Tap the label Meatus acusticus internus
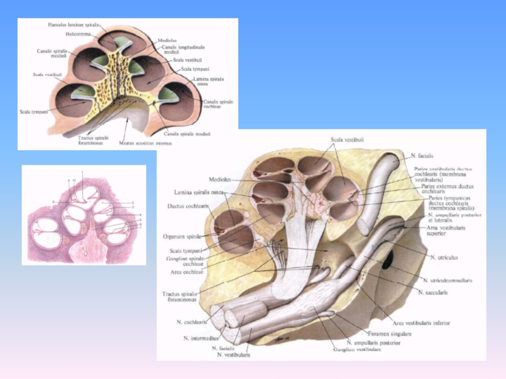(145, 143)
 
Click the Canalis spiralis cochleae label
(219, 104)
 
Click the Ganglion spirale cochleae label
(183, 262)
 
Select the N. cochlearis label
(193, 322)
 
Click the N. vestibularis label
(233, 355)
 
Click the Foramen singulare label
(390, 333)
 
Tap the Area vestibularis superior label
(446, 230)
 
